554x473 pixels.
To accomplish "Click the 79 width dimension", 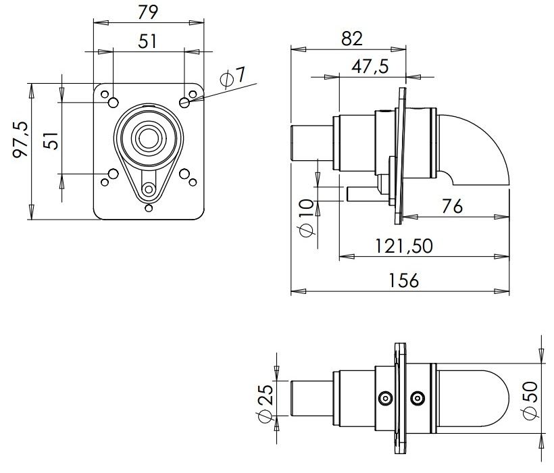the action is (x=148, y=12).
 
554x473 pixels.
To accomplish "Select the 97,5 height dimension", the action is (x=20, y=139).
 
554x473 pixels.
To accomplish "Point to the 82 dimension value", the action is (x=352, y=39).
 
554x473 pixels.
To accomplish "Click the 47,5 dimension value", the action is (x=370, y=66).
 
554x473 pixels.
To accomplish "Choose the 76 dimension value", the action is (x=452, y=206).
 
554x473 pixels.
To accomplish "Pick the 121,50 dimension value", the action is (x=404, y=246).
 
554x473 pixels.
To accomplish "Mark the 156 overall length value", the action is (x=404, y=280).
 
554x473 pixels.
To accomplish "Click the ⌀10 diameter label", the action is (x=306, y=218).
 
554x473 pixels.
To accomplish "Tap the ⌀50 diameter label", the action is (x=530, y=401).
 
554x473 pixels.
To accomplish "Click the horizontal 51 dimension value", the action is (x=147, y=41).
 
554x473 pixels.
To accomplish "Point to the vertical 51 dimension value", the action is (x=51, y=141).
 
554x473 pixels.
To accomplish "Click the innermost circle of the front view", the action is (x=149, y=138).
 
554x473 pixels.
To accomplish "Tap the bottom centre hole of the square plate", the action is (x=149, y=207).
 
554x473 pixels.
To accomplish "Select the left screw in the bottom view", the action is (x=385, y=398).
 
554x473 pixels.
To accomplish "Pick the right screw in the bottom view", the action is (x=418, y=398).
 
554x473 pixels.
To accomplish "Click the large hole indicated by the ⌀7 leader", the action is (x=184, y=103).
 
